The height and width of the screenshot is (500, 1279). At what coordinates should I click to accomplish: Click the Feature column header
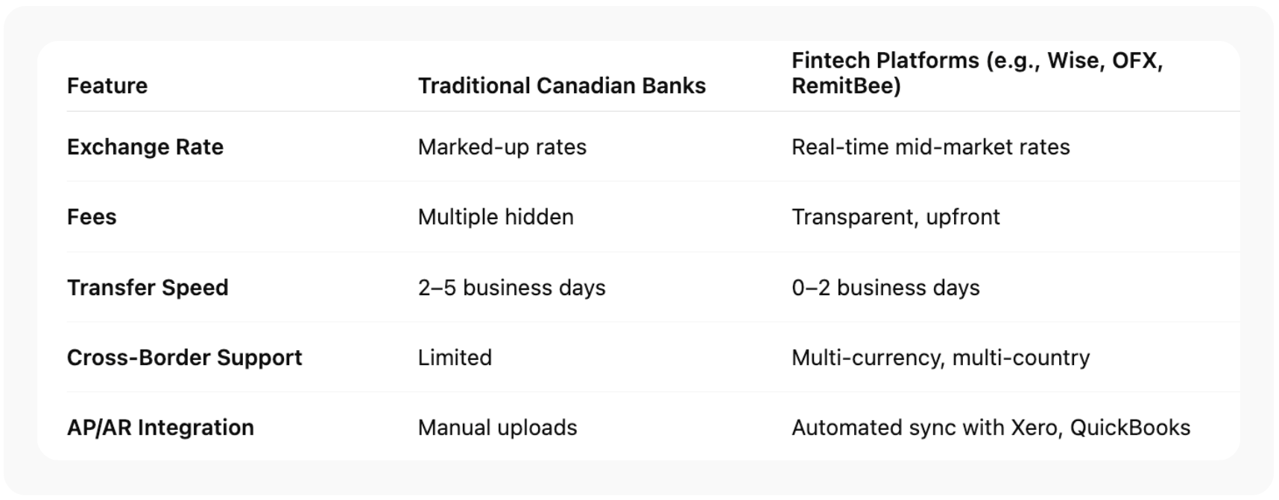[107, 86]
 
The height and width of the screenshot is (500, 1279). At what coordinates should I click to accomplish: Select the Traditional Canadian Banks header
[561, 86]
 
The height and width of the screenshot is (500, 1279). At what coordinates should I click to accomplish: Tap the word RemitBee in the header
[842, 86]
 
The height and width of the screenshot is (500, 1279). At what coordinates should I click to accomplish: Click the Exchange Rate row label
[145, 147]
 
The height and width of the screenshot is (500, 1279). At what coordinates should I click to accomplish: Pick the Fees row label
[92, 217]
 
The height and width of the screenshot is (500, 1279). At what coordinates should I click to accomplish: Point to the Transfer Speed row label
[148, 288]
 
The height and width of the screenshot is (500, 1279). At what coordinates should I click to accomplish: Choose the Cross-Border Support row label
[185, 358]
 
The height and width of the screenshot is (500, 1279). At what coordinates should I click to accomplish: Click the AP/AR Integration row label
[160, 428]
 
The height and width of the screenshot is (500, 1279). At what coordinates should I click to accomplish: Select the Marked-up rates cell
[502, 147]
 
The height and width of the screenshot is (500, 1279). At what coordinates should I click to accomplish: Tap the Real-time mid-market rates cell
[931, 147]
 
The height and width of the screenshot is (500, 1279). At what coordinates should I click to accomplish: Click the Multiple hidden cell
[496, 217]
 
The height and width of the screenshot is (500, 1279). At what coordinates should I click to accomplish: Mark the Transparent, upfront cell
[896, 217]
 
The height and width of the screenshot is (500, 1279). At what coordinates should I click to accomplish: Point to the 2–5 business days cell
[512, 288]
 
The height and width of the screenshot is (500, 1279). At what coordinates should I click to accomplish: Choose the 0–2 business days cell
[885, 288]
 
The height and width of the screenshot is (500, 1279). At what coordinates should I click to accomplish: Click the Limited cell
[455, 358]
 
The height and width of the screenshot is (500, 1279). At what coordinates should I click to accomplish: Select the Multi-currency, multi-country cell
[941, 358]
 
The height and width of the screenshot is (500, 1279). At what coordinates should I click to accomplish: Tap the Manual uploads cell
[498, 428]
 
